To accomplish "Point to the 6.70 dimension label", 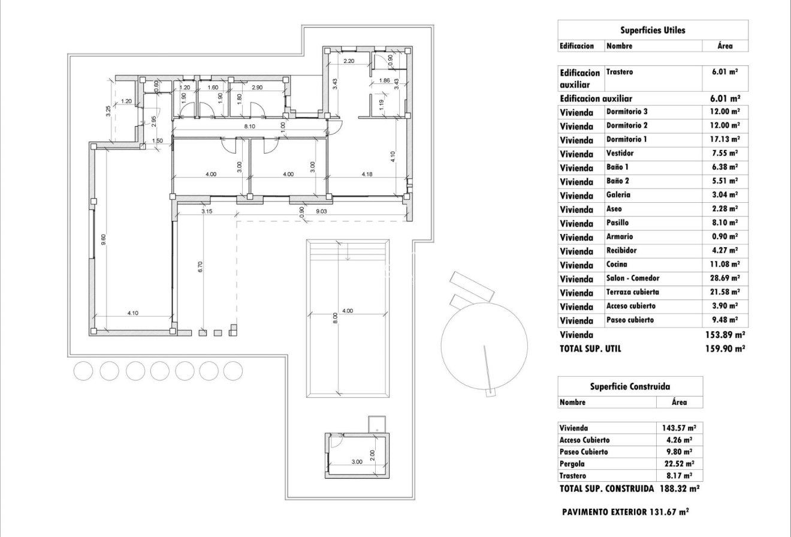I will pos(200,266).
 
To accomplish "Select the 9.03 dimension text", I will pos(321,211).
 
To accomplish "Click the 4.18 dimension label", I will pos(367,175).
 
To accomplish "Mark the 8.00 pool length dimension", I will pos(336,318).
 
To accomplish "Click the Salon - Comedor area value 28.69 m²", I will pos(724,278).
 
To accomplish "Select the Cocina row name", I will pos(618,265).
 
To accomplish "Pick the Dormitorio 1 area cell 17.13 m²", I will pos(724,139).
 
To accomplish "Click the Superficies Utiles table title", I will pos(653,30).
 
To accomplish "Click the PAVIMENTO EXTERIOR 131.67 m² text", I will pos(625,512).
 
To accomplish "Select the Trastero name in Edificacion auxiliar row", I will pos(620,72).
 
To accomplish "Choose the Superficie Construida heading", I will pos(630,387).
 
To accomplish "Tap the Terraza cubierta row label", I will pos(633,292).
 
